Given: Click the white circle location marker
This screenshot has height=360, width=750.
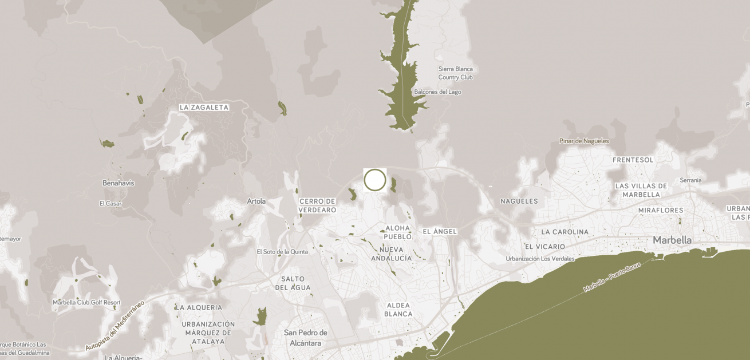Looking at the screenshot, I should click(375, 180).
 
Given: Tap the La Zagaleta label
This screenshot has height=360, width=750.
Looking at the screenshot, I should click(204, 107).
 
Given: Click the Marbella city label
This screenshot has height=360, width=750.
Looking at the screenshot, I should click(672, 240).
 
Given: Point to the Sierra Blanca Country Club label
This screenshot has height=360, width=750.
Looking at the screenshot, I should click(456, 73).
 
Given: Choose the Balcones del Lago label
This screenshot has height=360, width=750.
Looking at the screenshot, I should click(437, 92).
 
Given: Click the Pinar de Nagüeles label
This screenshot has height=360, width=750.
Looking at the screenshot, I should click(584, 141).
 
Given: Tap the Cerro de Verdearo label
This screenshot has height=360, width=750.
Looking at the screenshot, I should click(317, 205).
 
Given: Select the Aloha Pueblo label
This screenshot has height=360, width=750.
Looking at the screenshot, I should click(398, 232).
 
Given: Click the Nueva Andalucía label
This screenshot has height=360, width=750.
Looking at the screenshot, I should click(392, 254).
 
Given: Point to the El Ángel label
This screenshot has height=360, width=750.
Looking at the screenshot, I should click(440, 231).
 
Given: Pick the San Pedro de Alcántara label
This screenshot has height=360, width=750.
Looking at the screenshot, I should click(305, 338).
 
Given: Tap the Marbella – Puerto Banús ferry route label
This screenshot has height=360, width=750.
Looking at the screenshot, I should click(612, 278).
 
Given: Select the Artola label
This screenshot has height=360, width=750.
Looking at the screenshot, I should click(256, 201).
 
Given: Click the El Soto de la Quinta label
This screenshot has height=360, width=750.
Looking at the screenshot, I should click(282, 251).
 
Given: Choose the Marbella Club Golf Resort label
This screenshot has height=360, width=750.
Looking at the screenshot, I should click(86, 302).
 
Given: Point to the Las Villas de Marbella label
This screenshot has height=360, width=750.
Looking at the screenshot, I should click(641, 190).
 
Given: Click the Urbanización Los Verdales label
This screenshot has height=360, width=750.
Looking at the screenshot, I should click(540, 259).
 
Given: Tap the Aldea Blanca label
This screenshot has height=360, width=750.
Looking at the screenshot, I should click(398, 310).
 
